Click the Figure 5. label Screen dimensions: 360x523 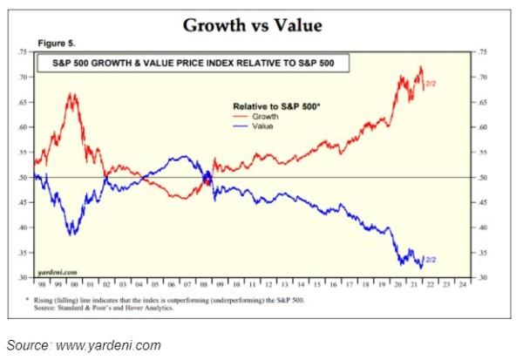[x=56, y=43]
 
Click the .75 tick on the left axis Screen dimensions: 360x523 [x=24, y=52]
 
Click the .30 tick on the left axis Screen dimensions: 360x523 [x=24, y=277]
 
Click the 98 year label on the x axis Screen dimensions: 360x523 [x=40, y=285]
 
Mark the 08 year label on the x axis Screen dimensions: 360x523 [x=201, y=285]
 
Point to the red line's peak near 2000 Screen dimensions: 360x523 [x=72, y=94]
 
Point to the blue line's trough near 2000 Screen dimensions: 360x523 [x=72, y=234]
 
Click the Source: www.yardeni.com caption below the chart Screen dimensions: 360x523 [x=84, y=344]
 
